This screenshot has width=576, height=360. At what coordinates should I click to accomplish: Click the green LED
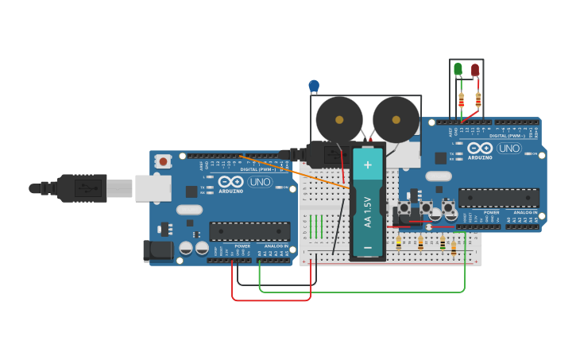(x=458, y=69)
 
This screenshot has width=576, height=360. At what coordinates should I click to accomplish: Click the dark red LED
(x=475, y=70)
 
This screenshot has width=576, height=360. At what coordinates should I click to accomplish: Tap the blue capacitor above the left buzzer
(x=314, y=85)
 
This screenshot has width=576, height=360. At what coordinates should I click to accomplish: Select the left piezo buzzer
(x=339, y=119)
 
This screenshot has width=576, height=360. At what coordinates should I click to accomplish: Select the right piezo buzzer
(x=396, y=119)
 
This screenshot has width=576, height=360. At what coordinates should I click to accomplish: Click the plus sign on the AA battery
(x=367, y=165)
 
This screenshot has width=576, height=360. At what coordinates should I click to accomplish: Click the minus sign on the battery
(x=367, y=248)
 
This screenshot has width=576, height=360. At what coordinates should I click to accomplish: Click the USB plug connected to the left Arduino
(x=79, y=188)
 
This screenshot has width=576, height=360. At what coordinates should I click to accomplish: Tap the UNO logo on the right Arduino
(x=508, y=148)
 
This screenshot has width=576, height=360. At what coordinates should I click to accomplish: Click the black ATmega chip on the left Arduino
(x=249, y=230)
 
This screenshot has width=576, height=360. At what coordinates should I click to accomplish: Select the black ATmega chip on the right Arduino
(x=498, y=197)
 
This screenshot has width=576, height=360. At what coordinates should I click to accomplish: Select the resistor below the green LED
(x=462, y=101)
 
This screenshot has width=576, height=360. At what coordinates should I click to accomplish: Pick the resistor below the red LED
(x=478, y=100)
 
